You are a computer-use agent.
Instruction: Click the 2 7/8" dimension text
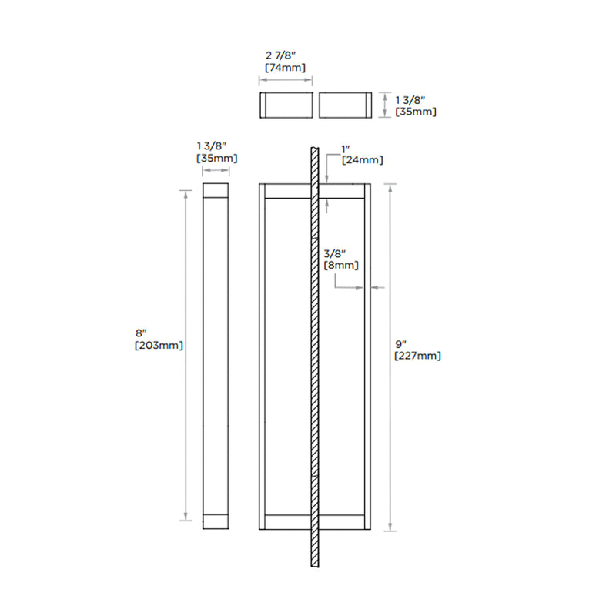[x=285, y=56]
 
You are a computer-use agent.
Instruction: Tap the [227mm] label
[x=417, y=356]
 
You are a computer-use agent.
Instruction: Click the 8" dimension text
[x=140, y=333]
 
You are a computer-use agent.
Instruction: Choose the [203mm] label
[x=159, y=345]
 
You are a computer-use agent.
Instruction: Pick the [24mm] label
[x=362, y=159]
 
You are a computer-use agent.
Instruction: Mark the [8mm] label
[x=340, y=264]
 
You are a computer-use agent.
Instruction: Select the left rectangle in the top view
[x=285, y=105]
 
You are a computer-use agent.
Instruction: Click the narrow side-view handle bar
[x=216, y=354]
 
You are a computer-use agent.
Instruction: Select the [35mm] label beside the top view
[x=416, y=112]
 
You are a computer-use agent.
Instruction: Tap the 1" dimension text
[x=346, y=149]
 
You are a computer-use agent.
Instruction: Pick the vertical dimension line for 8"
[x=185, y=354]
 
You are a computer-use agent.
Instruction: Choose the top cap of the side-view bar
[x=216, y=191]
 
